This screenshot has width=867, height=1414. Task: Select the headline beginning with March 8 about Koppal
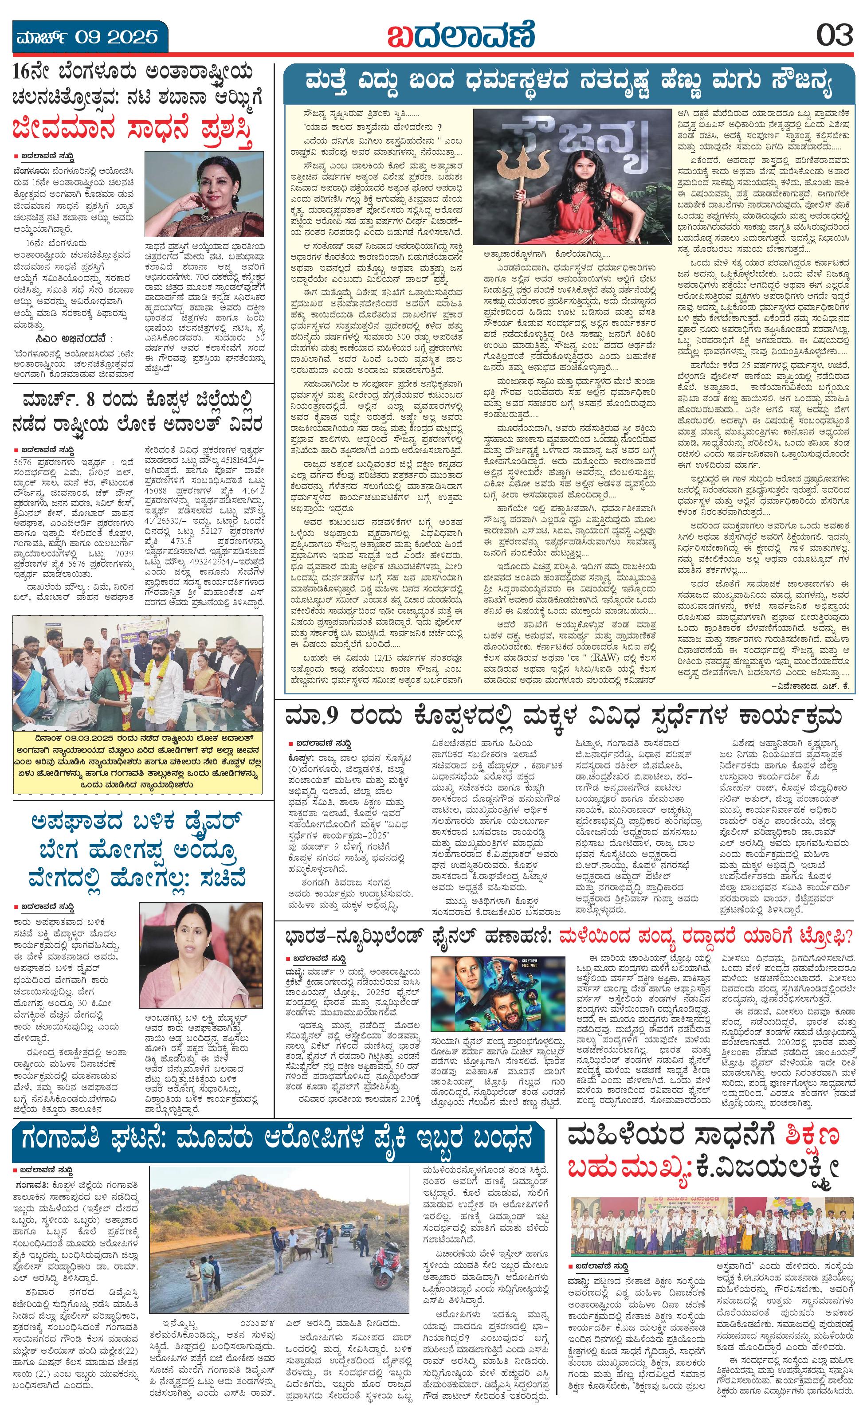(x=138, y=413)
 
